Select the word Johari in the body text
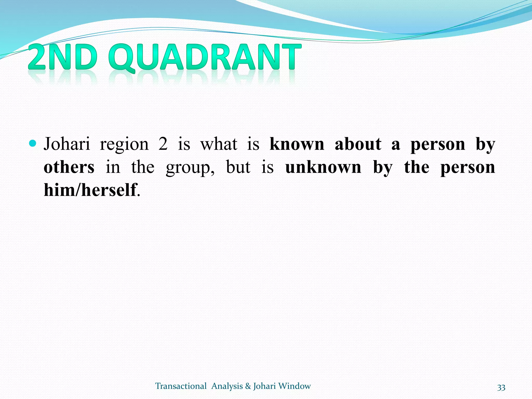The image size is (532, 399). (67, 144)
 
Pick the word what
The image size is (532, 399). (219, 144)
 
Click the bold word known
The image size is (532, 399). (297, 144)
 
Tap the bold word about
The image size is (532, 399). (358, 144)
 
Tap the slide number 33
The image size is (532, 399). (501, 387)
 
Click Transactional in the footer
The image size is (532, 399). (181, 386)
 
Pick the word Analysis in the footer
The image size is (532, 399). (227, 386)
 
